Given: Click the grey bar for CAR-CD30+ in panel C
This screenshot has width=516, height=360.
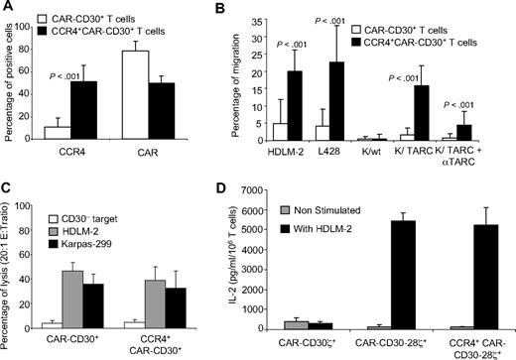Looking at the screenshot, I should [99, 299].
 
